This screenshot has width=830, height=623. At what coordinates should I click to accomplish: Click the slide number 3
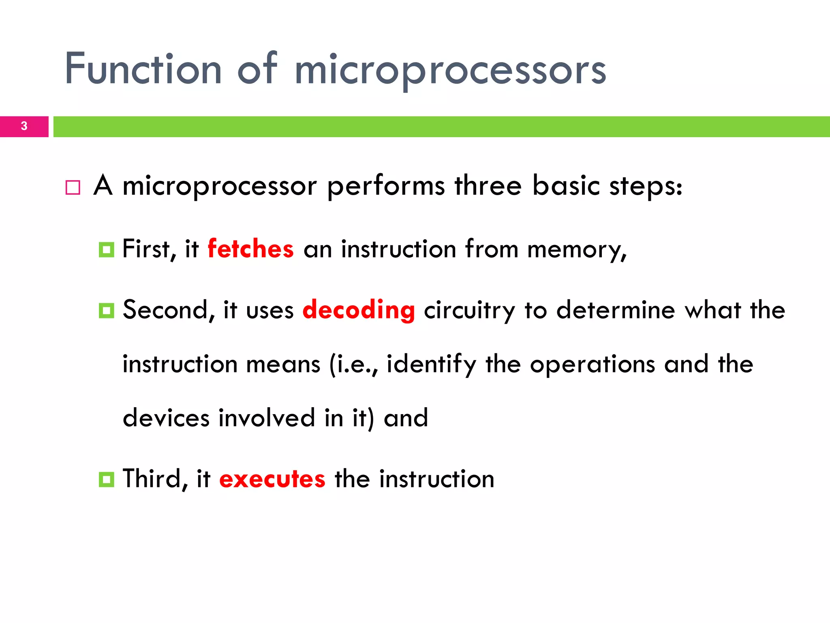24,126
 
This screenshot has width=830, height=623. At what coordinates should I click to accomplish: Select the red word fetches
250,249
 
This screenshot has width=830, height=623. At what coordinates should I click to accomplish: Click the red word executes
272,479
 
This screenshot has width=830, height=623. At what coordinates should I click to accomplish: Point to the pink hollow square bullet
73,188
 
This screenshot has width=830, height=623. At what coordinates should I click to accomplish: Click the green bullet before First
107,249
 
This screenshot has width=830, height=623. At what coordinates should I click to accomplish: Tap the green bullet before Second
107,311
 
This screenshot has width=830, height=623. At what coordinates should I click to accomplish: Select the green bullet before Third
107,479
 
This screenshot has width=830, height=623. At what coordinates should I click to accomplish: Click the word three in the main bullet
488,186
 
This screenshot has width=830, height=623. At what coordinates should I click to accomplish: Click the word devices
166,418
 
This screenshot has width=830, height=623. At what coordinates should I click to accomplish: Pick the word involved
267,418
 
